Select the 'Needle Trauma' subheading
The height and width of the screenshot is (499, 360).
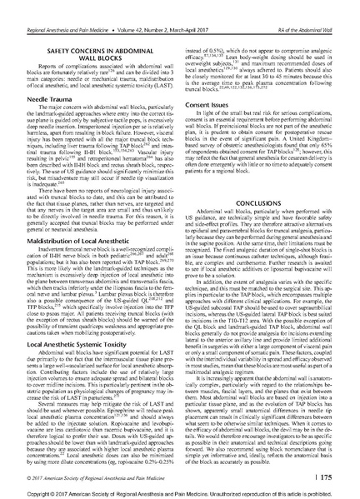point(48,97)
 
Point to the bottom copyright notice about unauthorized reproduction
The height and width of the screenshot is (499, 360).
point(180,492)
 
